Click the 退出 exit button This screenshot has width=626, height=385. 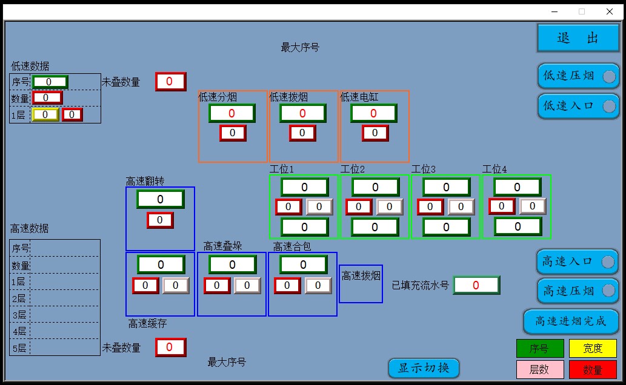pyautogui.click(x=578, y=38)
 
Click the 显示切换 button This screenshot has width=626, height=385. pyautogui.click(x=424, y=367)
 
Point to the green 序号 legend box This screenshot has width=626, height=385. pyautogui.click(x=539, y=349)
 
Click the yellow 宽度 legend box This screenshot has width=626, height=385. pyautogui.click(x=592, y=349)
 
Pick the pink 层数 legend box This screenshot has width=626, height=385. pyautogui.click(x=539, y=369)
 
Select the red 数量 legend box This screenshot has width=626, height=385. pyautogui.click(x=592, y=369)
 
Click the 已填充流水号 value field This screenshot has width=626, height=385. pyautogui.click(x=476, y=285)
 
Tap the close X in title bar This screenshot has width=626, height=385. pyautogui.click(x=610, y=12)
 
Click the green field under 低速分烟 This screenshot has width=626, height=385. pyautogui.click(x=231, y=113)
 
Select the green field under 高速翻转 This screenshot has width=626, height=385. pyautogui.click(x=160, y=199)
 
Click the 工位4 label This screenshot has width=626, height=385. pyautogui.click(x=494, y=169)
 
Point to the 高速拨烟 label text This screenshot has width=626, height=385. pyautogui.click(x=361, y=276)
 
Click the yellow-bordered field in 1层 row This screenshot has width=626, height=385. pyautogui.click(x=45, y=114)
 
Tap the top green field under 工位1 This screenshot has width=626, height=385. pyautogui.click(x=304, y=187)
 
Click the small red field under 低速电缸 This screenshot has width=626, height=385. pyautogui.click(x=375, y=133)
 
